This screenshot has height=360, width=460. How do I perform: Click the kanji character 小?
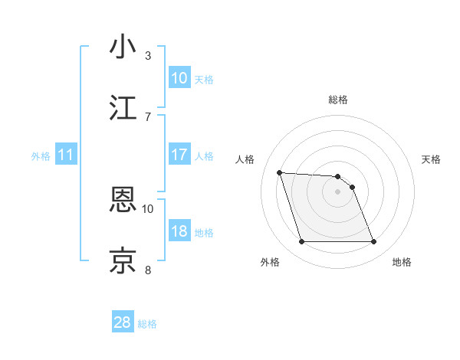tap(123, 47)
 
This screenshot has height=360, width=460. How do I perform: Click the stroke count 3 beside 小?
tap(148, 55)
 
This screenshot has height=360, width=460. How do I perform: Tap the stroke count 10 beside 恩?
tap(148, 208)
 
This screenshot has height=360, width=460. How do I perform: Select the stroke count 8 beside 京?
tap(148, 269)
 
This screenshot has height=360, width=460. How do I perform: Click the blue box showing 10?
tap(179, 78)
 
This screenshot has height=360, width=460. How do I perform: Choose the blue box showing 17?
tap(179, 155)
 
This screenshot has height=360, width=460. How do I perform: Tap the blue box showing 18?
tap(179, 231)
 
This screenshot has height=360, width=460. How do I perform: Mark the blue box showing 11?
tap(66, 155)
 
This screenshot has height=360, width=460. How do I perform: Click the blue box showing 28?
tap(123, 322)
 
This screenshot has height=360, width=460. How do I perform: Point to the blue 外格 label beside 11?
tap(41, 155)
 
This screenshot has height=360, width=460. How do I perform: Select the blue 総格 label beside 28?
tap(147, 324)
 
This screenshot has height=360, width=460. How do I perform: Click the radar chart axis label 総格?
tap(338, 100)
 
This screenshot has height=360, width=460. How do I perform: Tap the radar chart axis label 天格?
tap(432, 159)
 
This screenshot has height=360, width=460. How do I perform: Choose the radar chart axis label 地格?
tap(402, 262)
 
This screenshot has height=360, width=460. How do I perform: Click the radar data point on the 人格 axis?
tap(280, 172)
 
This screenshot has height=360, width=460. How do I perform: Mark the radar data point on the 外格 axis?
tap(301, 242)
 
